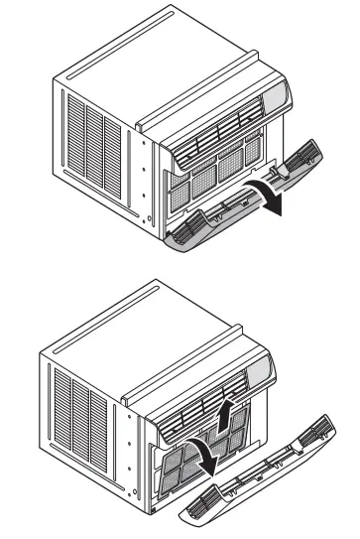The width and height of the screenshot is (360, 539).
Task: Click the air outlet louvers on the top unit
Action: click(218, 129)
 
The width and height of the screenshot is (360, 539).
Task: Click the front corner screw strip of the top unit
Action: click(150, 179)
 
